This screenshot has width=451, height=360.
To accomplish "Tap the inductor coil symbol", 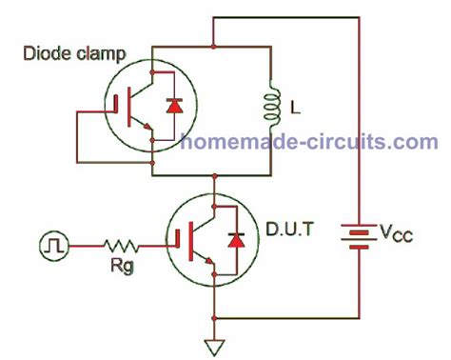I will [x=269, y=107].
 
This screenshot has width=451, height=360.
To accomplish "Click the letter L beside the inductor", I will [x=295, y=110].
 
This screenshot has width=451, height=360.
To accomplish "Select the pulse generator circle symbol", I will [x=51, y=247].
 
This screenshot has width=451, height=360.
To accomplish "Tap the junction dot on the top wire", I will [x=218, y=47].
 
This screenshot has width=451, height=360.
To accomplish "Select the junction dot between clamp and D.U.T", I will [x=218, y=176].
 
